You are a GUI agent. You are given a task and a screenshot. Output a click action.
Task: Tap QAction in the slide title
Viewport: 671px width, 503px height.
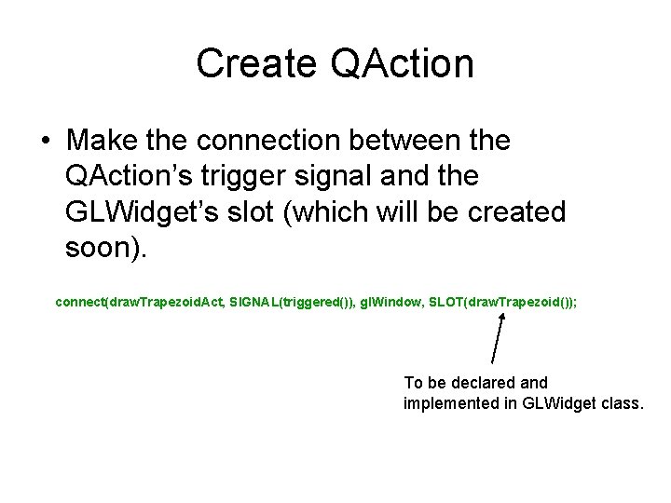402,64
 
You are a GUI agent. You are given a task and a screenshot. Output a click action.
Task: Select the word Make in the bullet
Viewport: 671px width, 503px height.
101,141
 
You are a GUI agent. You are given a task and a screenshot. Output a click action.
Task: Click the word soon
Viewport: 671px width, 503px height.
101,248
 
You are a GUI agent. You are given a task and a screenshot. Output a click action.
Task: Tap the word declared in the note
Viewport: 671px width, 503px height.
479,382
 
